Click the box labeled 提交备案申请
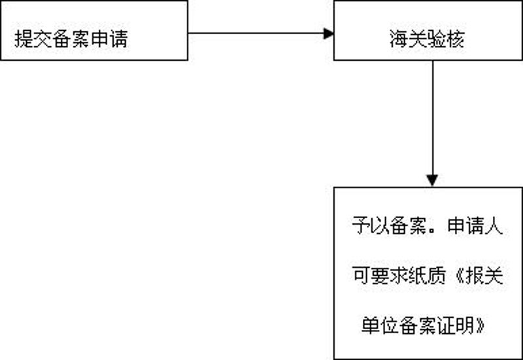pos(94,30)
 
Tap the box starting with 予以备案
pos(428,272)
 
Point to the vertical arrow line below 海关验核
pos(432,118)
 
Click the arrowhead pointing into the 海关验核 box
pos(328,33)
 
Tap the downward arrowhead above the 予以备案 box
pos(432,180)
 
